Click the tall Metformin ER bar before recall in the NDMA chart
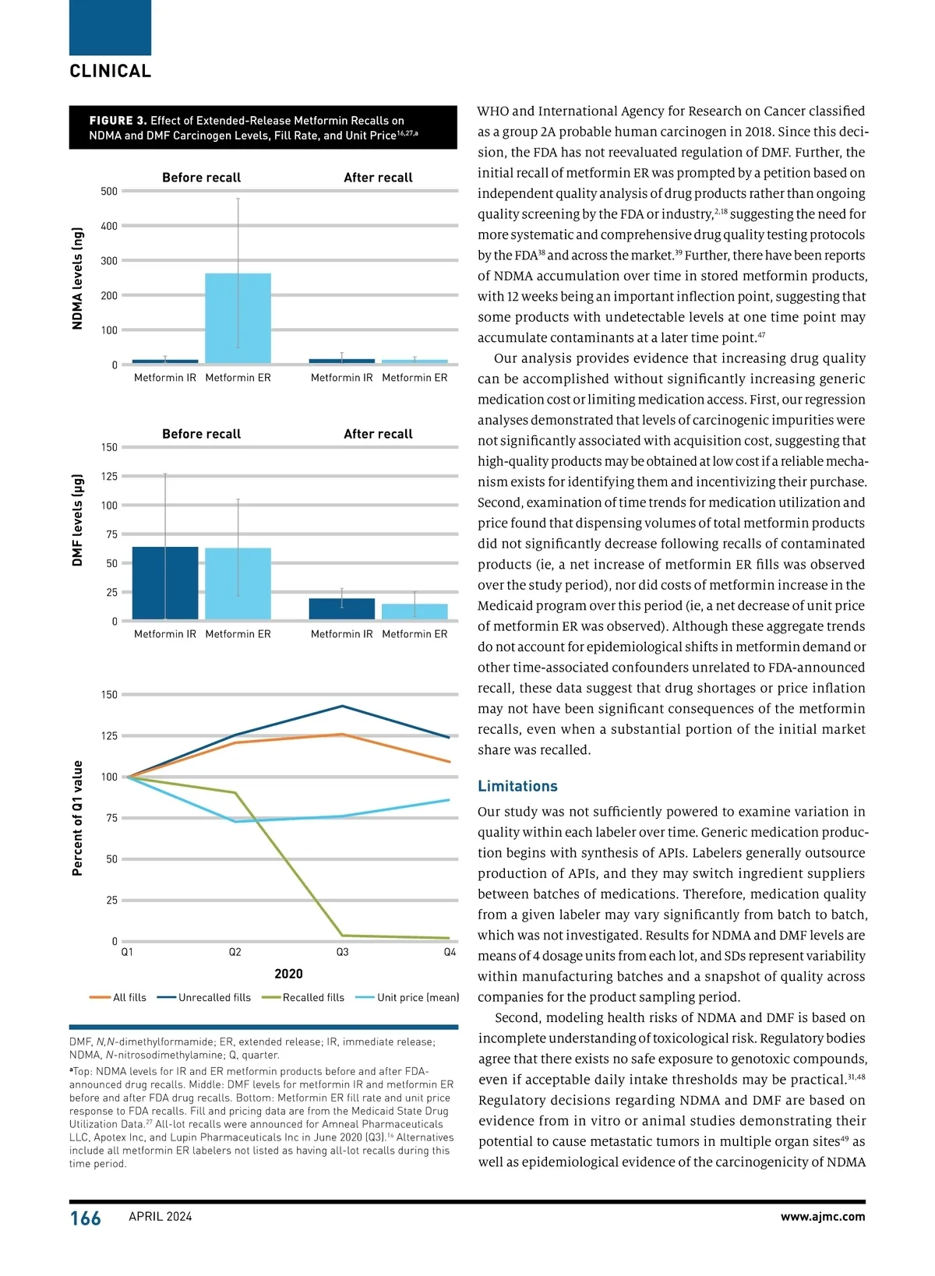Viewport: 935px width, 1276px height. [x=238, y=318]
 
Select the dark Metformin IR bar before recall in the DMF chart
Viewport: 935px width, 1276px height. [x=165, y=583]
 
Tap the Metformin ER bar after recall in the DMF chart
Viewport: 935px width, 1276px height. [x=415, y=612]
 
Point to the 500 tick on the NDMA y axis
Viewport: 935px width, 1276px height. [x=109, y=192]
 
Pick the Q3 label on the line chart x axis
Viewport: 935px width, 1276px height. [x=342, y=953]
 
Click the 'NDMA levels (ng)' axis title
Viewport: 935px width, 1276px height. [x=77, y=278]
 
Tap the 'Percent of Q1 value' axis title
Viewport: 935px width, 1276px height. [x=77, y=818]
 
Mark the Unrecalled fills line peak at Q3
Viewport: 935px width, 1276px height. [x=342, y=707]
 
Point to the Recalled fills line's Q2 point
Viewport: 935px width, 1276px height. [x=235, y=793]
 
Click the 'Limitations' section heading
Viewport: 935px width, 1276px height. [x=517, y=787]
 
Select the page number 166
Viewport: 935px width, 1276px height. [x=85, y=1218]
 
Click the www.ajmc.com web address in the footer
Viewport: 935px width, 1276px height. [x=822, y=1217]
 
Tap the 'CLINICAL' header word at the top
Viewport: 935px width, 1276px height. [x=111, y=72]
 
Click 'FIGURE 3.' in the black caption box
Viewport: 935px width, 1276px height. [x=118, y=121]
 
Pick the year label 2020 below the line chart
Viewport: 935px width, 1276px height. [x=288, y=974]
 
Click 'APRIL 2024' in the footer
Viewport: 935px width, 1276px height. [x=160, y=1217]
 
